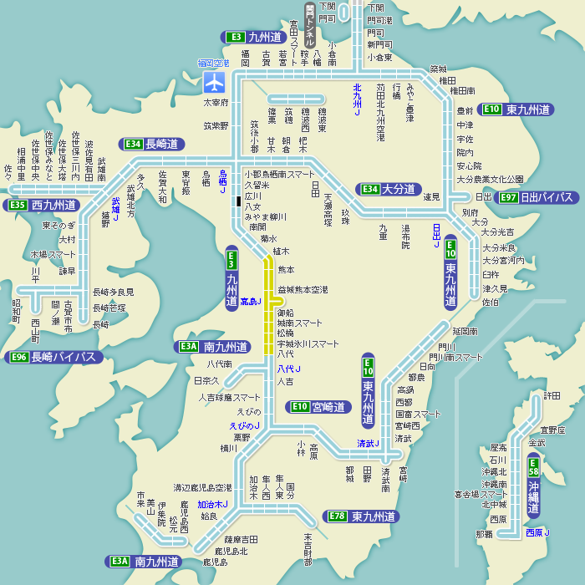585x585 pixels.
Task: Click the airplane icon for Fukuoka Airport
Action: pyautogui.click(x=215, y=82)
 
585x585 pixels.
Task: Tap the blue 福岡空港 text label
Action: pyautogui.click(x=213, y=63)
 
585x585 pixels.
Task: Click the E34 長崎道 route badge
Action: pyautogui.click(x=152, y=144)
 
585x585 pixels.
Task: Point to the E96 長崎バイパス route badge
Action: pyautogui.click(x=54, y=358)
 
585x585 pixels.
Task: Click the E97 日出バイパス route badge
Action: pyautogui.click(x=537, y=197)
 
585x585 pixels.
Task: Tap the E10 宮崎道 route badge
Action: pyautogui.click(x=318, y=407)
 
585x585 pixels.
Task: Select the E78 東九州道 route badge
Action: pyautogui.click(x=360, y=516)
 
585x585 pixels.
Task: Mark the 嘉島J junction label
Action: pyautogui.click(x=250, y=301)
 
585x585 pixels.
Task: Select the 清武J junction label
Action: pyautogui.click(x=368, y=443)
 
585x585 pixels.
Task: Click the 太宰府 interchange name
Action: pyautogui.click(x=216, y=102)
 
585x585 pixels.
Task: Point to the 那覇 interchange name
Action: pyautogui.click(x=485, y=533)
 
